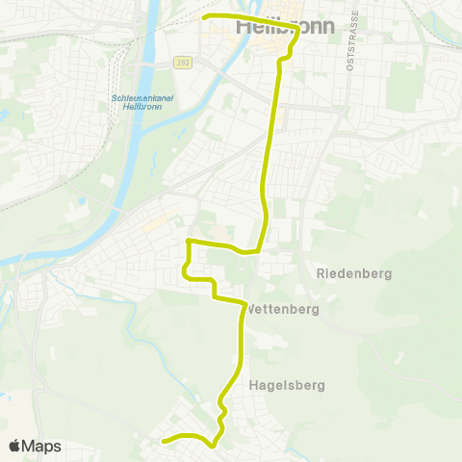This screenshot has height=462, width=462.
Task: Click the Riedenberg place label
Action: coord(354,273)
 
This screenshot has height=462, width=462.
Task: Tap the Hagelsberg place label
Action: coord(287,385)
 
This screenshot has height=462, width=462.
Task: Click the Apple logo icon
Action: coord(14,446)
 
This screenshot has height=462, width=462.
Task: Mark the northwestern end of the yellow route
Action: coord(203,17)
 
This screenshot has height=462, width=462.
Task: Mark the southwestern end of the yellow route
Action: coord(164,443)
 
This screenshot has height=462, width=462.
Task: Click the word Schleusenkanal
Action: coord(137,98)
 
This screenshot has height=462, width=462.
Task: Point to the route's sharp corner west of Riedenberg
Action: coord(189,240)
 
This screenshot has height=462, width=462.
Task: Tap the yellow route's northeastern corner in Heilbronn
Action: coord(297,29)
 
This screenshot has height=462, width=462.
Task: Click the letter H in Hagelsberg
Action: coord(253,385)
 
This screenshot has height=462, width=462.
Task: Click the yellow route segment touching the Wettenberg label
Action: coord(242,310)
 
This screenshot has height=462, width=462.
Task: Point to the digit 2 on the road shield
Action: coord(177,63)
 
